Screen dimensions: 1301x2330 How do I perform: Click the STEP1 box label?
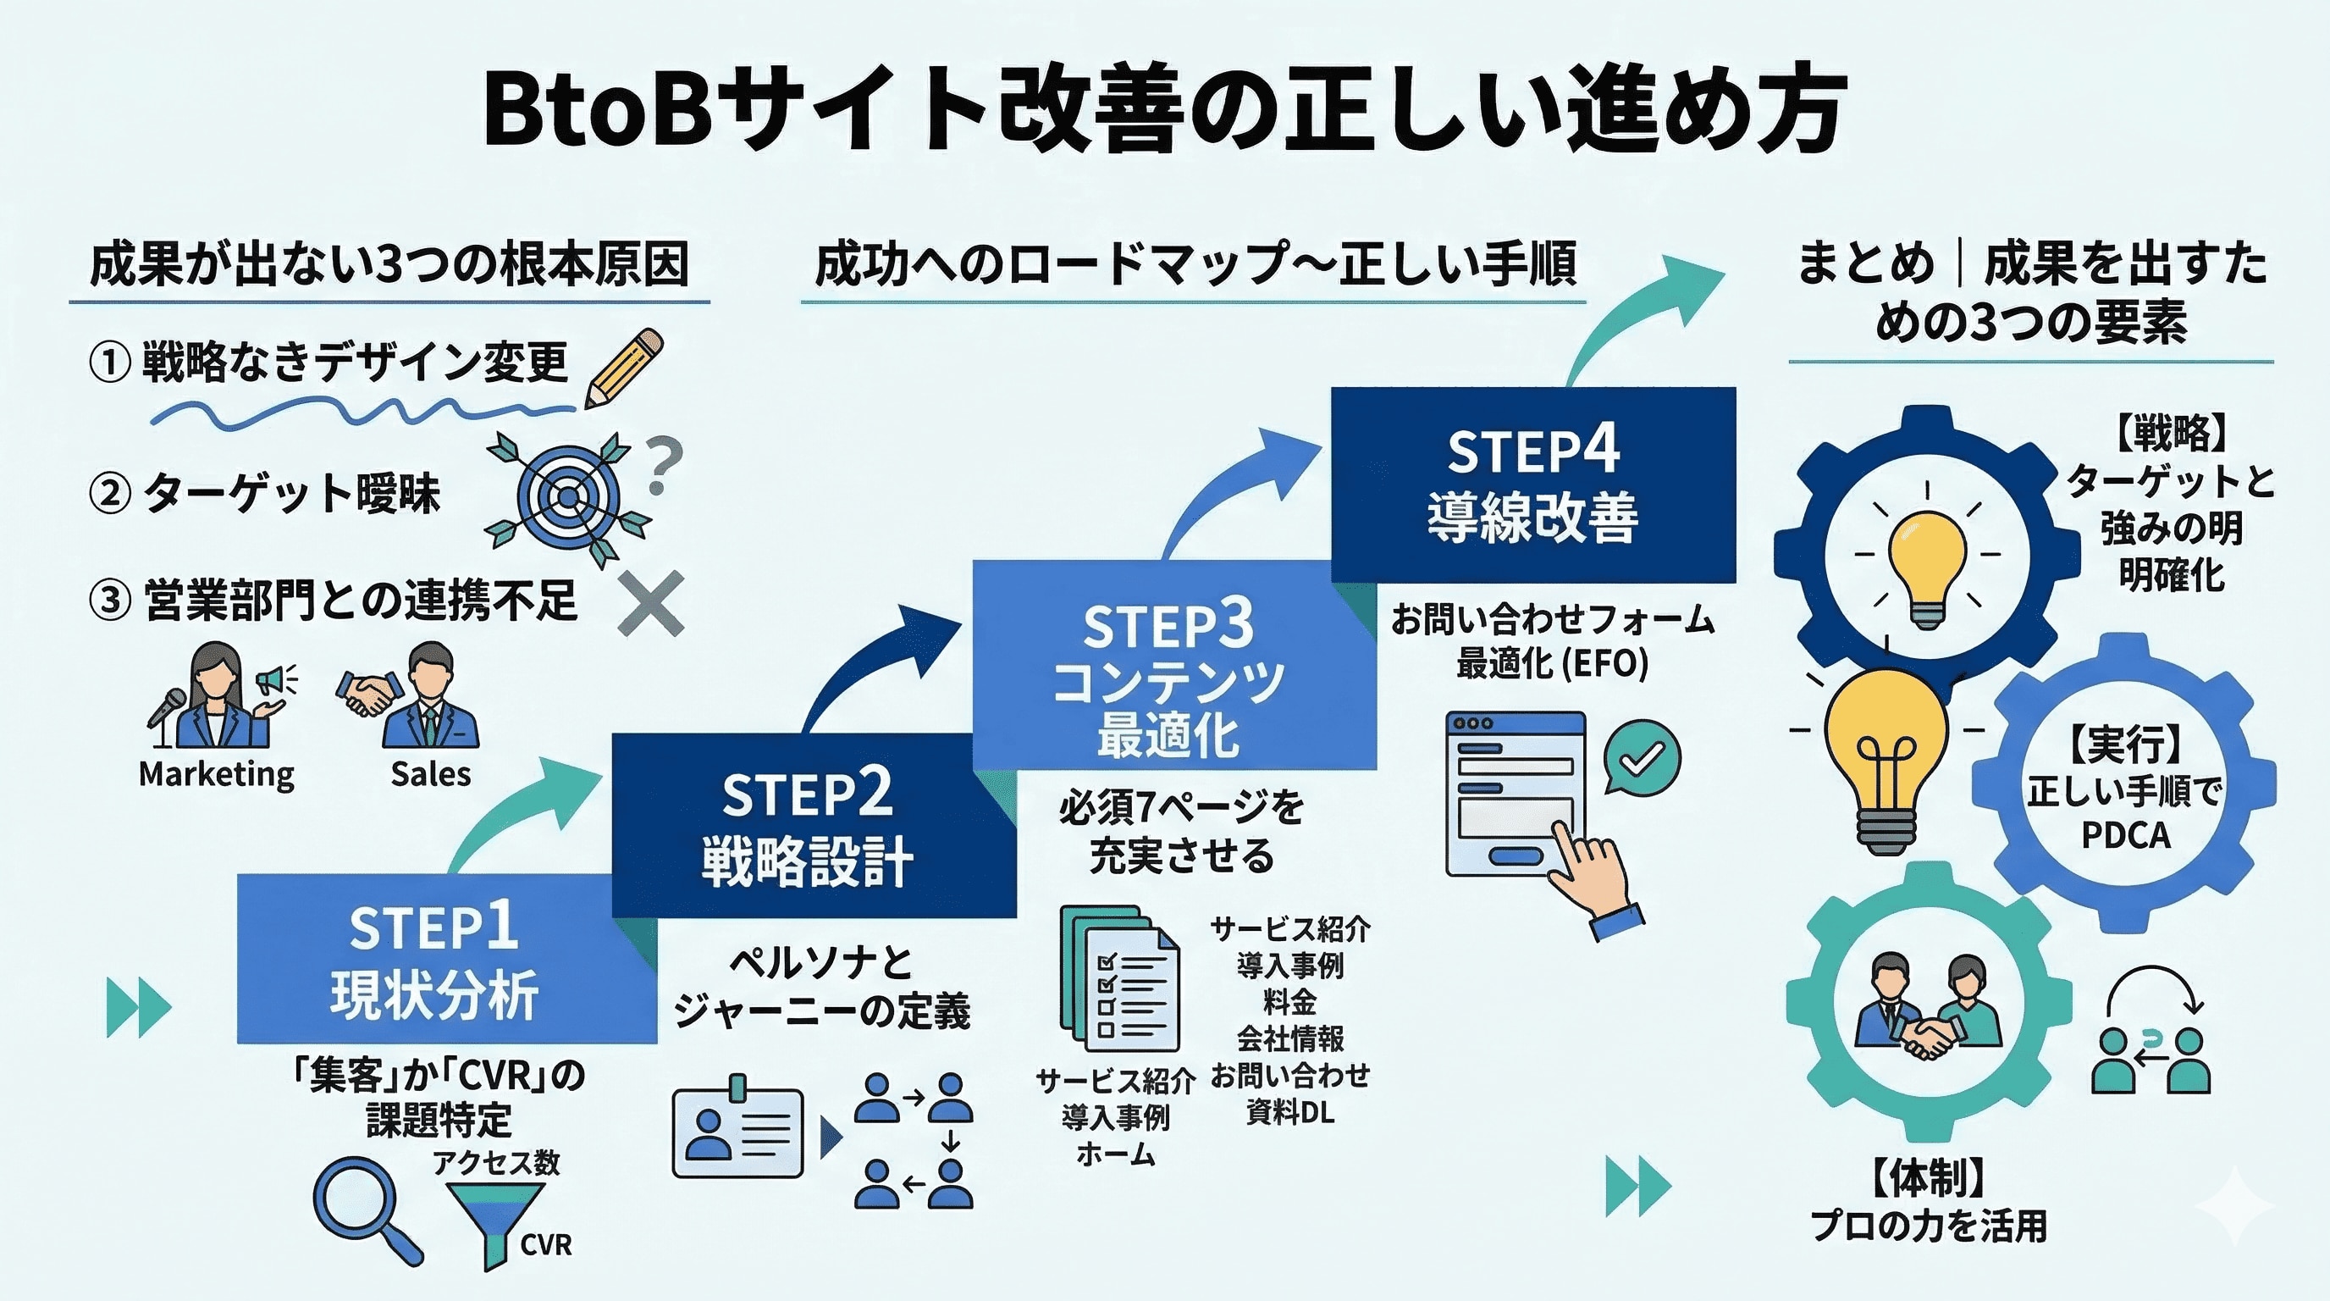point(434,928)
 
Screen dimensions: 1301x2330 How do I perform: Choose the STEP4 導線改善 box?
point(1533,484)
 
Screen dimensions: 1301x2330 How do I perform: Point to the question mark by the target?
point(665,465)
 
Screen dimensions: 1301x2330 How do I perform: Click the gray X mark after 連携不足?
point(651,603)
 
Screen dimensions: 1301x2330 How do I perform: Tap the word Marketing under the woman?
point(217,774)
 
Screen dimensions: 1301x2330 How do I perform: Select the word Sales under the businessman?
point(431,774)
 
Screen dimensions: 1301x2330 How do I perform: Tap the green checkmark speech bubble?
point(1642,758)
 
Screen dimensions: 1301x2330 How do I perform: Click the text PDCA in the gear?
point(2126,835)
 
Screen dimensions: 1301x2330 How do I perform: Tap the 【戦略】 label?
point(2171,434)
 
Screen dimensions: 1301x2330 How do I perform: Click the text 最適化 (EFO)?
point(1552,664)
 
